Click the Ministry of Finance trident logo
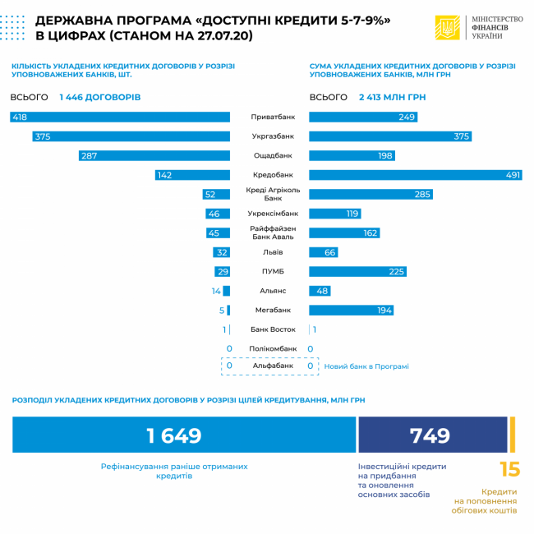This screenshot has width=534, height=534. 448,28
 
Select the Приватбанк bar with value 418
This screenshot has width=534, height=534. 120,117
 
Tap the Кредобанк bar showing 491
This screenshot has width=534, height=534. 416,175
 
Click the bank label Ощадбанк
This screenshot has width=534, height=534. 272,155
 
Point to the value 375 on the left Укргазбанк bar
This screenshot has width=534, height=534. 43,136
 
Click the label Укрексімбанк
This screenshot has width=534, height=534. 272,214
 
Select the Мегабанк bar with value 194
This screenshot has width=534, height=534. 351,311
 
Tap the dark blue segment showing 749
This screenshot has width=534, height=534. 432,435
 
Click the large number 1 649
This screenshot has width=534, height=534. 173,435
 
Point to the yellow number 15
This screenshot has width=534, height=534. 509,470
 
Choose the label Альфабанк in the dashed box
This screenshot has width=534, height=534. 271,366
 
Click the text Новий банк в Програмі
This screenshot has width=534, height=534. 366,366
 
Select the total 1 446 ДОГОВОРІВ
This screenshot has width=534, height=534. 100,97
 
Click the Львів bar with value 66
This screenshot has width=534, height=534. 324,252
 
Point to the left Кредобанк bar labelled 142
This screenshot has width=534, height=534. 192,175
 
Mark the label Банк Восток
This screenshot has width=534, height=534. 272,329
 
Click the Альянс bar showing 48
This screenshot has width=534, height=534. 320,291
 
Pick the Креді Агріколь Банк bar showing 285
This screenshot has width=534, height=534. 371,195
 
